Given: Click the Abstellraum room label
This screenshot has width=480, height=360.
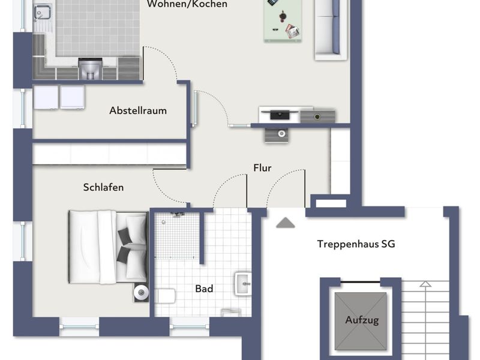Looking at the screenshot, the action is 138,110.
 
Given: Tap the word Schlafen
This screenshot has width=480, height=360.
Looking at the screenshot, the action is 103,187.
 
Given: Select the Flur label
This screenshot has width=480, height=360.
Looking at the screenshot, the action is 262,168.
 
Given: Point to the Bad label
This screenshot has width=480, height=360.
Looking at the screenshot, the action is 204,289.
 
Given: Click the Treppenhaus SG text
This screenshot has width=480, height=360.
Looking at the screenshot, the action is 356,244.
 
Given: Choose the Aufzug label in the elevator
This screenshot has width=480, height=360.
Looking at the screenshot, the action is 362,320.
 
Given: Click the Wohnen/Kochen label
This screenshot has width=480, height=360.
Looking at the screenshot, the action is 187,4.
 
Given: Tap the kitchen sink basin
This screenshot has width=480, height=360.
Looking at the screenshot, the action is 43,13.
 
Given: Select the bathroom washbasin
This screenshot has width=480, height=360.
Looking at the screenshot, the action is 244,284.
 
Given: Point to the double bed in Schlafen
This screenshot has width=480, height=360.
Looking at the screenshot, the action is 108,247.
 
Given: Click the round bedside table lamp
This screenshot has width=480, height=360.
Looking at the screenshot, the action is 141,293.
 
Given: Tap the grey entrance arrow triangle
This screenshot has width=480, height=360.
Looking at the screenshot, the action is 286,223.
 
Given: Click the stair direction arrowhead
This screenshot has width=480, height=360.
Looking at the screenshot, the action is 425,284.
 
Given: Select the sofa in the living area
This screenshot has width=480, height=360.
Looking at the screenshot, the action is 331,29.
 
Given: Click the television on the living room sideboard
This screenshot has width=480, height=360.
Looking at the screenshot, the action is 280,115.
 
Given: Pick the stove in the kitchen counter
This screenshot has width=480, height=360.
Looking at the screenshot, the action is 91,68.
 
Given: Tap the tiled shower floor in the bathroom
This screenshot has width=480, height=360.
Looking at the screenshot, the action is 176,235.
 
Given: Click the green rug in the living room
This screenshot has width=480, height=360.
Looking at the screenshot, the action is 283,20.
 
